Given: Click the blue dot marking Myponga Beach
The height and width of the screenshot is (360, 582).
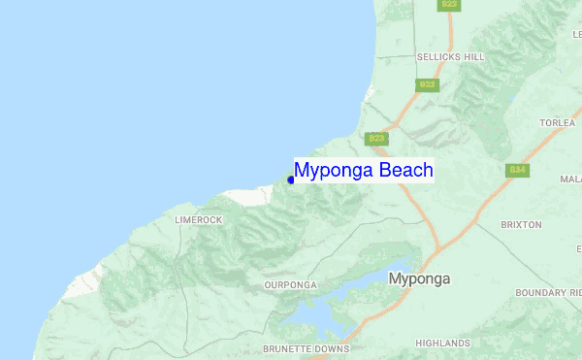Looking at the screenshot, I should (291, 180).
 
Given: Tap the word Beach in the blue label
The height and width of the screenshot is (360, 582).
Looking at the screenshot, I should (405, 171).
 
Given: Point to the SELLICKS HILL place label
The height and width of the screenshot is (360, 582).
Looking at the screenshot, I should (450, 57).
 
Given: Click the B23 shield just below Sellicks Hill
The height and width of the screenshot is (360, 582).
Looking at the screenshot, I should (427, 85).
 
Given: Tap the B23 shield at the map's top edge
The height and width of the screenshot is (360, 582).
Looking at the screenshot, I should (449, 5).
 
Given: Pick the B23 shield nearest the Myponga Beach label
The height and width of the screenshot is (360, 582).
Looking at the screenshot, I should (377, 139).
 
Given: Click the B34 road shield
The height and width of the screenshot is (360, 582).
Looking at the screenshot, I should (518, 170).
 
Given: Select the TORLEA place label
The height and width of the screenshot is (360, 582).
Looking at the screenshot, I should (558, 124).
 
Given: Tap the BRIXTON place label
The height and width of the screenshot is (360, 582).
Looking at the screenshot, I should (521, 224).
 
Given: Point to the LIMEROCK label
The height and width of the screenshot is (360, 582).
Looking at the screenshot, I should (198, 220).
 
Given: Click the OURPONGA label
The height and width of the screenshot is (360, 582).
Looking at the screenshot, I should (290, 285).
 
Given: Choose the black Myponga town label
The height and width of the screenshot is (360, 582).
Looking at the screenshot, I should (419, 278).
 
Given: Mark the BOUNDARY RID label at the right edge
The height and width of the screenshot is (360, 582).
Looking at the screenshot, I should (548, 292).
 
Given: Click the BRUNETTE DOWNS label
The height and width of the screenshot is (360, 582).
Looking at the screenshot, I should (306, 348).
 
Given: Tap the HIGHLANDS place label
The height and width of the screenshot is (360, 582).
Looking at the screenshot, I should (441, 343).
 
